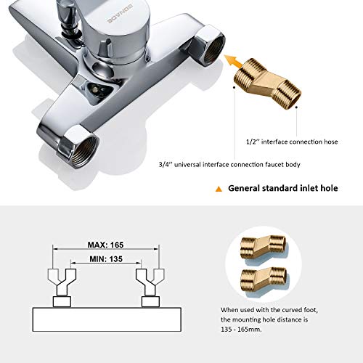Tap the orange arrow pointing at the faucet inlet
pyautogui.click(x=233, y=62)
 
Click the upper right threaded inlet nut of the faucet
pyautogui.click(x=210, y=45)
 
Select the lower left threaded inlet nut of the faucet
pyautogui.click(x=78, y=147)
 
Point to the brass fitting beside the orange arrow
pyautogui.click(x=268, y=83)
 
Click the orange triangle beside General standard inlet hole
pyautogui.click(x=219, y=189)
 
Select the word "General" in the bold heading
pyautogui.click(x=244, y=188)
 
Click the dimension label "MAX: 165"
pyautogui.click(x=105, y=245)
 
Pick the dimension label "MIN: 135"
pyautogui.click(x=106, y=259)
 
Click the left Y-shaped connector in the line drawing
pyautogui.click(x=62, y=282)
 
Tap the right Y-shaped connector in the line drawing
pyautogui.click(x=150, y=282)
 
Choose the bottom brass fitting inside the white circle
pyautogui.click(x=264, y=279)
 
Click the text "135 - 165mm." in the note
pyautogui.click(x=241, y=330)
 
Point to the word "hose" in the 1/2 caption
pyautogui.click(x=330, y=142)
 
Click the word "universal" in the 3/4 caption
pyautogui.click(x=187, y=165)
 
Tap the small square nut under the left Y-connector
pyautogui.click(x=62, y=302)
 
